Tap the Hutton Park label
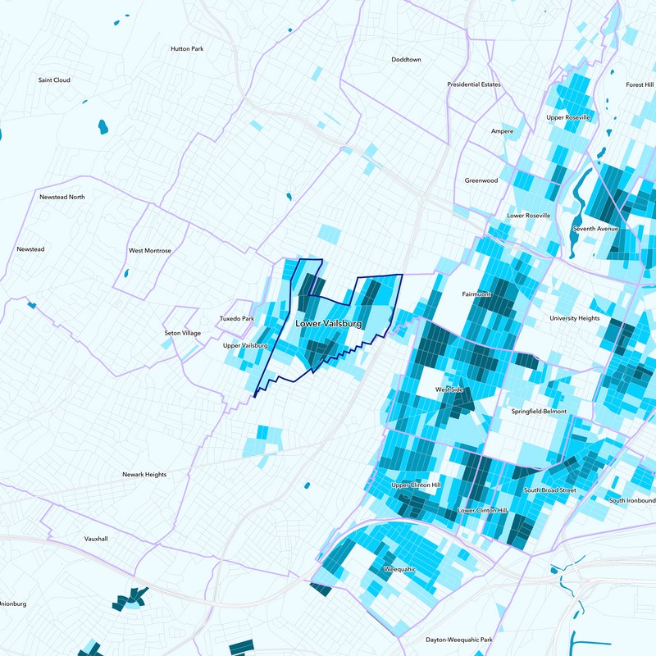[x=186, y=49]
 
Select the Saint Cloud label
[x=54, y=80]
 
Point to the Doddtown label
[x=406, y=60]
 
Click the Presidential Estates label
[x=474, y=84]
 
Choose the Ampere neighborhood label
[x=502, y=131]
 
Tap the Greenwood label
[x=481, y=180]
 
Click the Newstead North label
[x=62, y=197]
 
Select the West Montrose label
[x=150, y=250]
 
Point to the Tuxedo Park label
[x=237, y=318]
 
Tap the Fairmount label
[x=476, y=294]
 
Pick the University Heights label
[x=574, y=318]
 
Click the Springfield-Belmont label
[x=539, y=411]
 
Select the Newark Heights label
[x=144, y=475]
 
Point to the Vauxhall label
[x=96, y=539]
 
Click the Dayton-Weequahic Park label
[x=459, y=640]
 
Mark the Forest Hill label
[x=640, y=84]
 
